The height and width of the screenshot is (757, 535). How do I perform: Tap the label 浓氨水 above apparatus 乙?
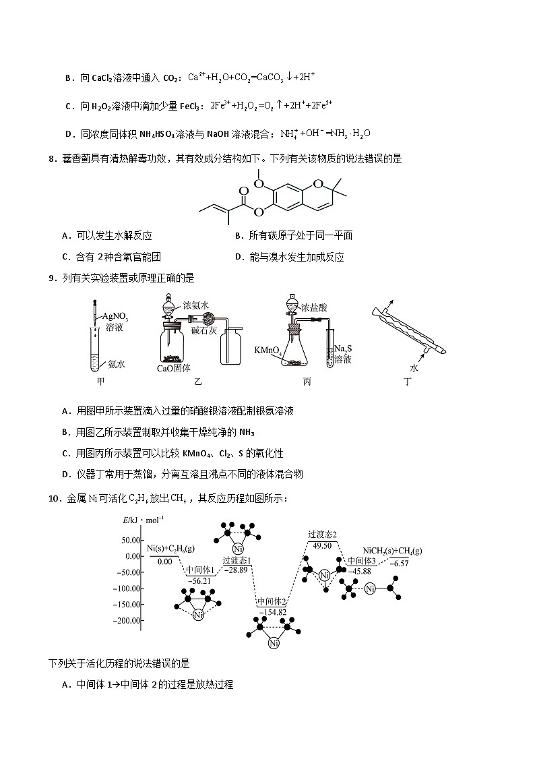196,305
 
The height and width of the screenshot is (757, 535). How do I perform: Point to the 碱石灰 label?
204,330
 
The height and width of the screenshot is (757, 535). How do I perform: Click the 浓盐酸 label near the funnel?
314,307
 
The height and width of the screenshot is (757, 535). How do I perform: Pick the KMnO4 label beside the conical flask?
267,351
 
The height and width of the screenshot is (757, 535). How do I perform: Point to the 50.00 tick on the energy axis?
130,540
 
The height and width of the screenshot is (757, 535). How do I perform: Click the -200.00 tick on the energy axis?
127,620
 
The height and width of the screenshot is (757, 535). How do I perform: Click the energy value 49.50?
322,545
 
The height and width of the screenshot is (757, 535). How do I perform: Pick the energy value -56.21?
199,580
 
